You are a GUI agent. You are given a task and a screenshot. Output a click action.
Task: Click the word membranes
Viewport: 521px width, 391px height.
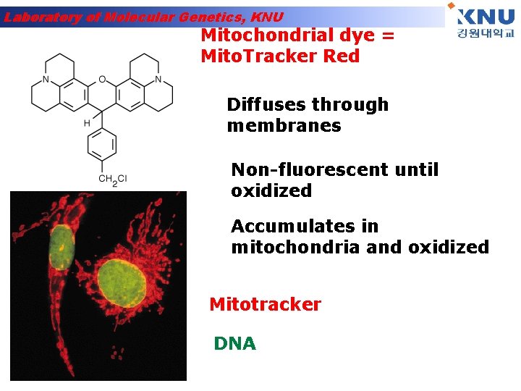click(284, 126)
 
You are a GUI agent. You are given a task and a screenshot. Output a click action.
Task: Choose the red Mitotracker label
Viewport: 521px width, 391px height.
click(265, 305)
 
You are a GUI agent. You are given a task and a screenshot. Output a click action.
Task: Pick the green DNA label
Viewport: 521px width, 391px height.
click(235, 344)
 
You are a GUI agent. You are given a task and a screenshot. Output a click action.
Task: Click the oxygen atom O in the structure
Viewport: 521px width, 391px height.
click(101, 79)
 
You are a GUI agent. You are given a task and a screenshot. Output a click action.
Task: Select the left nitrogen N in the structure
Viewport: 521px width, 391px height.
click(46, 79)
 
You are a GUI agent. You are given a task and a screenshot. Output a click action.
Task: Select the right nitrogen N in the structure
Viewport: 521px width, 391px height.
click(158, 79)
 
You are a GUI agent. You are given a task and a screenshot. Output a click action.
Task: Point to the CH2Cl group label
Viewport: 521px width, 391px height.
click(112, 179)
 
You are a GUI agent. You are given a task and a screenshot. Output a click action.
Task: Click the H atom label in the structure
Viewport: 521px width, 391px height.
click(87, 123)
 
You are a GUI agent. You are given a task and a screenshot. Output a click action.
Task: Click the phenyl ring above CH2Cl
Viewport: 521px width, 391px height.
click(102, 146)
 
